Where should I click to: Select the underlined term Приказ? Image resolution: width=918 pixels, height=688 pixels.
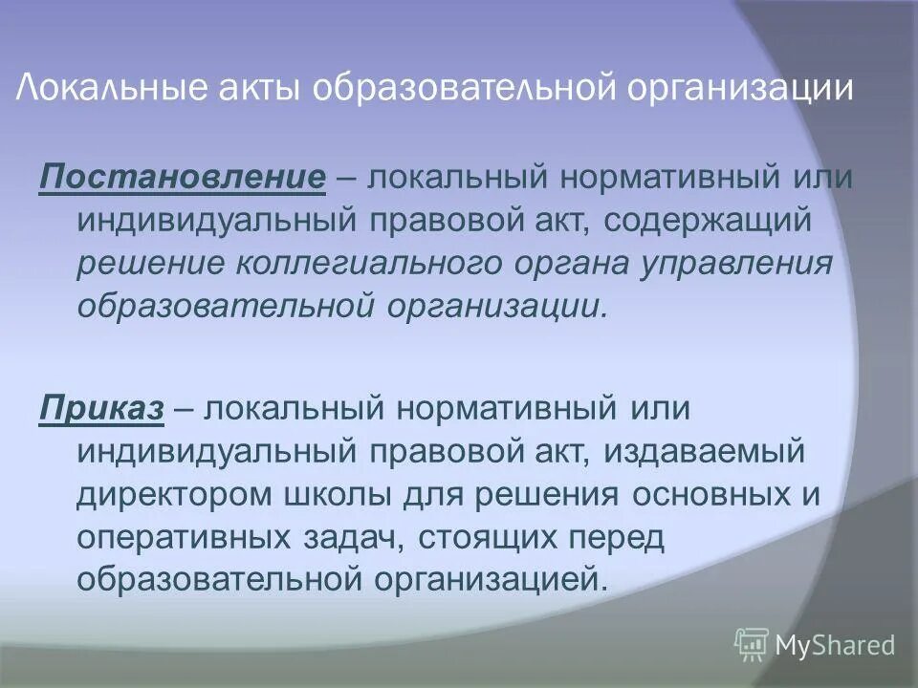101,409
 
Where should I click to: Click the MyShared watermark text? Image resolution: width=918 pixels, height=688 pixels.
835,645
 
